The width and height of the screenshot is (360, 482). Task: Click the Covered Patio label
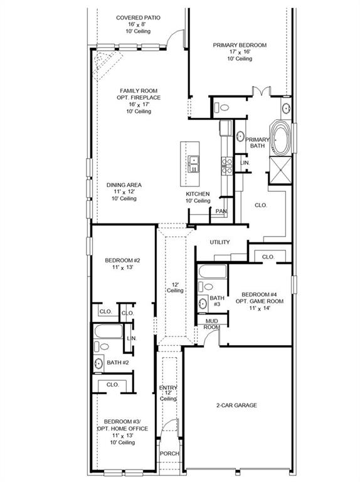138,18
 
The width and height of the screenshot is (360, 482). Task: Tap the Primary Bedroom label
240,45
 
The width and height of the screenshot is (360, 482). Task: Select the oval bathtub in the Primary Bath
281,138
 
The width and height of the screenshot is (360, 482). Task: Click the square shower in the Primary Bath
280,170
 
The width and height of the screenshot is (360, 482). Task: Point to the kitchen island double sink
194,164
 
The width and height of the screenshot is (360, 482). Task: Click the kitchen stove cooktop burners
227,166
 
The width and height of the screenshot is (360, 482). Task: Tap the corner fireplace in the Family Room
106,63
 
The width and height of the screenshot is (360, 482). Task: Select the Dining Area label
124,185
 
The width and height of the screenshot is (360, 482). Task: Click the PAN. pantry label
221,212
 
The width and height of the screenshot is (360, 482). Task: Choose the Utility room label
220,242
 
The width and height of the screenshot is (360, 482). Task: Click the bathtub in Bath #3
213,271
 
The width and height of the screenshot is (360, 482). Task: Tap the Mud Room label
211,324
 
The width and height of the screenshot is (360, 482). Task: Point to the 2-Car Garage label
236,405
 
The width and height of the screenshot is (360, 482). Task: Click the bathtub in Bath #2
109,331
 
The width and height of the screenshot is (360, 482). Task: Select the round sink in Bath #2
98,363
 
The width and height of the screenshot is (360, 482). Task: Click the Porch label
169,453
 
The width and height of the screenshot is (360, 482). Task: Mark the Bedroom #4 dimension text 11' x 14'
260,308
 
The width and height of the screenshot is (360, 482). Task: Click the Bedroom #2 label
122,260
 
